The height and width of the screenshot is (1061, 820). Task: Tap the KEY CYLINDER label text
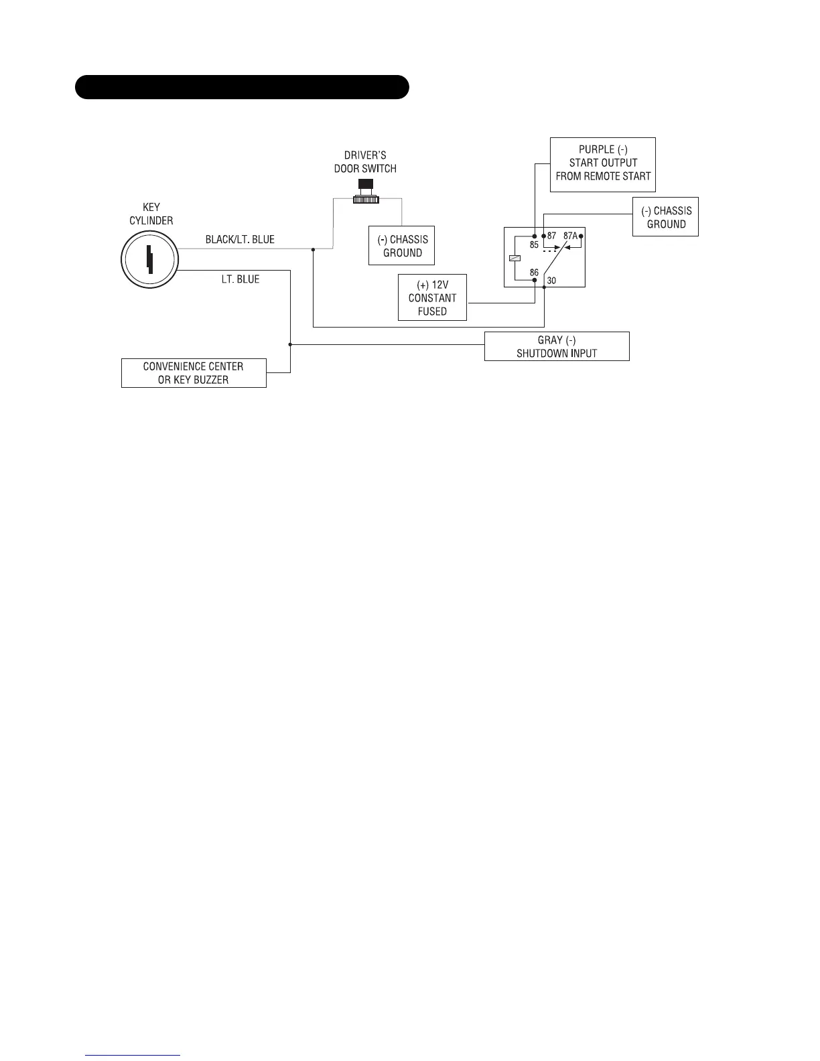(151, 214)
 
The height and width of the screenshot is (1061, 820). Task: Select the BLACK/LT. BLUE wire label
(240, 239)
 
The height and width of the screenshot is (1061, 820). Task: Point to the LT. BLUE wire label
(241, 279)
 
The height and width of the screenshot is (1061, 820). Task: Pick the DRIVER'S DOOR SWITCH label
(365, 162)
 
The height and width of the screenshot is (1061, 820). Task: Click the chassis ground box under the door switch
(402, 245)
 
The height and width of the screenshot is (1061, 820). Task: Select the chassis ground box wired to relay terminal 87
(665, 217)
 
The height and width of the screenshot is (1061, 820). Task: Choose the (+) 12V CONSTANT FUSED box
(432, 297)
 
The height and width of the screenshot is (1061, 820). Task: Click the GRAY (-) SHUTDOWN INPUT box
(557, 347)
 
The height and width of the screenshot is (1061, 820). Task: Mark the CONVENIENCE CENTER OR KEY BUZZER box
(194, 373)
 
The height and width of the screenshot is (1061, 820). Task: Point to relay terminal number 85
(535, 245)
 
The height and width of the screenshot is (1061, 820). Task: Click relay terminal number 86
(534, 273)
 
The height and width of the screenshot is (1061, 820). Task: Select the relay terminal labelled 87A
(570, 236)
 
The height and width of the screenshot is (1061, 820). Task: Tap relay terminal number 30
(551, 281)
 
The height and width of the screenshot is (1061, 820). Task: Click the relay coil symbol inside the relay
(514, 258)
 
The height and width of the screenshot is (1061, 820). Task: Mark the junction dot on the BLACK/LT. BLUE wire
(313, 249)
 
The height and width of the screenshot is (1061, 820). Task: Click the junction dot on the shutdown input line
(290, 345)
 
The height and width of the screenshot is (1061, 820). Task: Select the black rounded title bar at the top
(242, 87)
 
